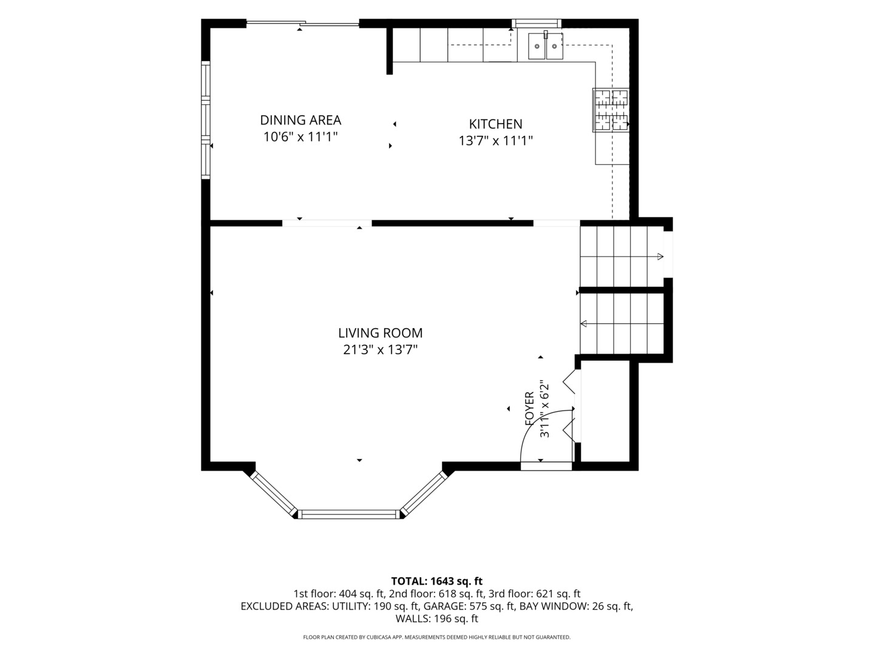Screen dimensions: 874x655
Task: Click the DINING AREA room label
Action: [300, 119]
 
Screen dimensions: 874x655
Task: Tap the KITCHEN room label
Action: [495, 124]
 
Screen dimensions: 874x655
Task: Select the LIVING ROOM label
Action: [381, 332]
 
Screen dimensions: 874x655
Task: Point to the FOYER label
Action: [529, 409]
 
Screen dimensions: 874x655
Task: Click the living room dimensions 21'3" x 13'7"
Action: [381, 349]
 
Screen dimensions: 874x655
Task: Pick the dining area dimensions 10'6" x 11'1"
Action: [300, 137]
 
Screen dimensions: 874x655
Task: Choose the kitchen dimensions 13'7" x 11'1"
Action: [495, 141]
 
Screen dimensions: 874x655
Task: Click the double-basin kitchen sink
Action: [546, 45]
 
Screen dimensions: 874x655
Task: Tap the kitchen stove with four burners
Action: [611, 110]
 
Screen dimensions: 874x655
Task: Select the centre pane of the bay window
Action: [348, 514]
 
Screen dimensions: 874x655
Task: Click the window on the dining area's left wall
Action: [206, 119]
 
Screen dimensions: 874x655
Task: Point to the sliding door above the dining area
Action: [303, 24]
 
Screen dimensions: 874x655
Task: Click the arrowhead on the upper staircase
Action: [660, 257]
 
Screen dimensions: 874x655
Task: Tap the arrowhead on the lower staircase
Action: [584, 324]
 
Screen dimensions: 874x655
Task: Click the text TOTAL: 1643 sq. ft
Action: [437, 582]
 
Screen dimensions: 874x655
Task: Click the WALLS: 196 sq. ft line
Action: [437, 619]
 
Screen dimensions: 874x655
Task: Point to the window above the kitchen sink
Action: [537, 24]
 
